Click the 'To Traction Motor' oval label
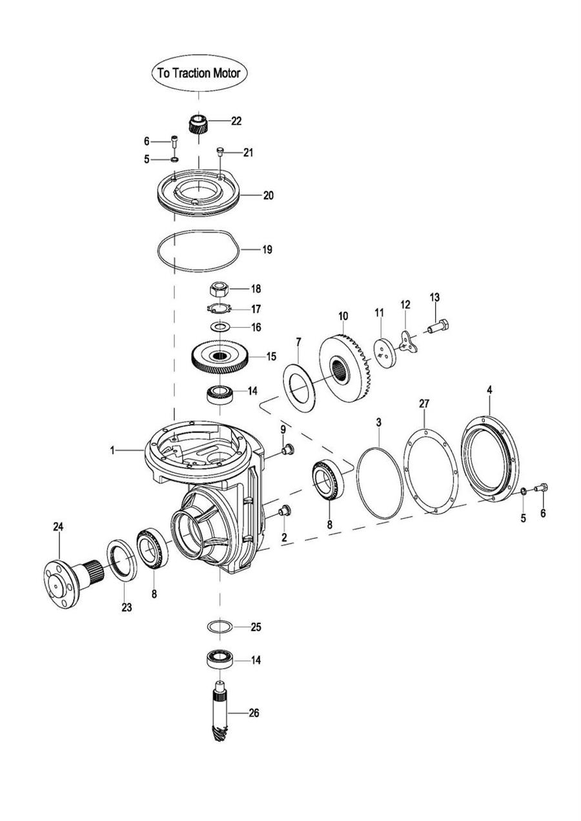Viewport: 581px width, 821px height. tap(199, 73)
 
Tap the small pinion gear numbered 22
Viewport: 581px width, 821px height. tap(198, 125)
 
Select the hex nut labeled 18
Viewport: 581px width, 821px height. tap(219, 290)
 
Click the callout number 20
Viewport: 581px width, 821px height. tap(269, 196)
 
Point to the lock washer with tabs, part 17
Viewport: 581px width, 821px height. tap(219, 309)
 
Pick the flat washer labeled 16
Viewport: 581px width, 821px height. tap(219, 326)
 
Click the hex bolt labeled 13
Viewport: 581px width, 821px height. tap(438, 326)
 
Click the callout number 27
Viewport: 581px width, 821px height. tap(423, 404)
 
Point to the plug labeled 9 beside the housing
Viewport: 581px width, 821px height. tap(287, 449)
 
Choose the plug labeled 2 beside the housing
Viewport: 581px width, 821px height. tap(285, 511)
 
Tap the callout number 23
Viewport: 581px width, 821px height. tap(127, 607)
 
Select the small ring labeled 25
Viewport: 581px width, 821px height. tap(219, 626)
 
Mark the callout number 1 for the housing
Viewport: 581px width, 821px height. tap(112, 451)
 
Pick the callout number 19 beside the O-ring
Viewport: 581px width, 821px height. tap(267, 250)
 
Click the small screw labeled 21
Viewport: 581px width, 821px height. tap(220, 152)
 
